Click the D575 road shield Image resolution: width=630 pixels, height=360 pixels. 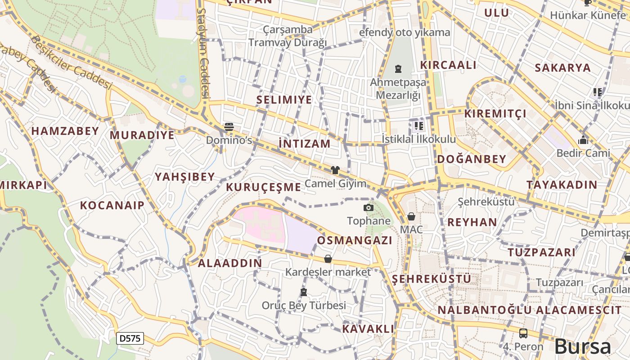[130, 338]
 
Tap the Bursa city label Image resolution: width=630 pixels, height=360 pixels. [583, 346]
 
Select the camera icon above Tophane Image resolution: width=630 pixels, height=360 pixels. [369, 207]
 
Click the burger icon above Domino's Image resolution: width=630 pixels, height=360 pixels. [229, 127]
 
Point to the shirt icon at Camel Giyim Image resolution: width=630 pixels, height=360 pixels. [335, 170]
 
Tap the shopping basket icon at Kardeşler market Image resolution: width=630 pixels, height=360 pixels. [328, 259]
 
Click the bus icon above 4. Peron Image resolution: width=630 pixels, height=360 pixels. [523, 333]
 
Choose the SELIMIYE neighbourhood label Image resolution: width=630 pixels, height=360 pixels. [284, 99]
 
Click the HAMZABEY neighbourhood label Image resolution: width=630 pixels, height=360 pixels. [65, 131]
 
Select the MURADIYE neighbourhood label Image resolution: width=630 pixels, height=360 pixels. [142, 135]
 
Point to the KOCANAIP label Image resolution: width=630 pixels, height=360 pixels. [112, 206]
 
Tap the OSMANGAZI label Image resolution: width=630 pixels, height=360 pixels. [355, 240]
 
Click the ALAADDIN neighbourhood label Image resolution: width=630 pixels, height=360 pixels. [230, 263]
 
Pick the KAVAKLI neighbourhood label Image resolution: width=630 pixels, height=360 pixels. [368, 328]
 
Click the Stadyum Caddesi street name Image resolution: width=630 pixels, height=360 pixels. [204, 53]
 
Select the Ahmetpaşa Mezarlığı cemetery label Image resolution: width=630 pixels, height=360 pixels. [398, 89]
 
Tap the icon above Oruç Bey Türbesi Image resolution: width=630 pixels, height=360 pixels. [304, 292]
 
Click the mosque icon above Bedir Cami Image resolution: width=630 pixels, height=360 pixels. [583, 140]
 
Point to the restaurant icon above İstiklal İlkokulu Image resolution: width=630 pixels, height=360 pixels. [418, 126]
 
